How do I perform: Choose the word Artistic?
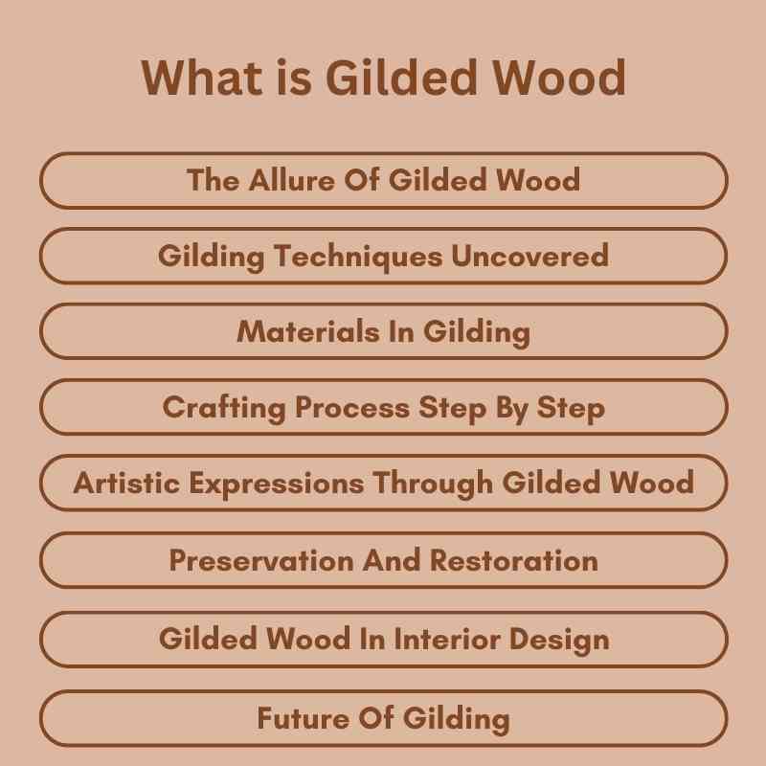tap(124, 483)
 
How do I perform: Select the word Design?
tap(561, 639)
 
